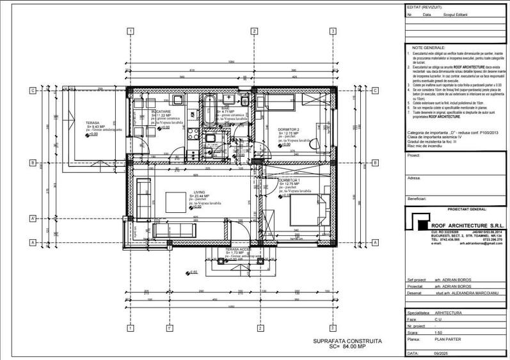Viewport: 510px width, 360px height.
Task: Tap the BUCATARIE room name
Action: coord(161,111)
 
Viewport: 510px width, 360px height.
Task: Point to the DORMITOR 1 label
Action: coord(289,181)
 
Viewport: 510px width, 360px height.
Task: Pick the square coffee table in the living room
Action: coord(176,203)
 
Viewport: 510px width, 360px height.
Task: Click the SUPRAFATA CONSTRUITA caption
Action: coord(347,342)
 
